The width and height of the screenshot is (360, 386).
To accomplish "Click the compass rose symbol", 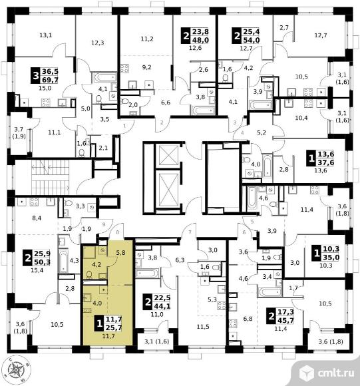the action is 17,369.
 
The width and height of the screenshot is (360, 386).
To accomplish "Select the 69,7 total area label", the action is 50,79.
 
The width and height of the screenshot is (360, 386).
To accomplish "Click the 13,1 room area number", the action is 45,35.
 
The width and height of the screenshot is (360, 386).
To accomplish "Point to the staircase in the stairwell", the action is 50,176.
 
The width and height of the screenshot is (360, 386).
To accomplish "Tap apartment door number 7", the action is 190,232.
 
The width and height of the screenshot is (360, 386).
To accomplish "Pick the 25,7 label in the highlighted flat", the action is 114,327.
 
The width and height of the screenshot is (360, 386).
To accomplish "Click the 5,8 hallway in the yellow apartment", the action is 120,253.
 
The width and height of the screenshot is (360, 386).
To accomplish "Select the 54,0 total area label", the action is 252,40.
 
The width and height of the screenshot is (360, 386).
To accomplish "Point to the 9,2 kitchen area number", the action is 146,67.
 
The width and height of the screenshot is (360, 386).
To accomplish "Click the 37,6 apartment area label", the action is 326,162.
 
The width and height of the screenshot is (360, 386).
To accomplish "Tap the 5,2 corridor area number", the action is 262,132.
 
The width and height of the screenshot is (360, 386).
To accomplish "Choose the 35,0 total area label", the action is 331,258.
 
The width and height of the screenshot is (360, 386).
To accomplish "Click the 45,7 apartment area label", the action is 285,321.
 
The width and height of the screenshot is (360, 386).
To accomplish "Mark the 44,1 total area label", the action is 162,306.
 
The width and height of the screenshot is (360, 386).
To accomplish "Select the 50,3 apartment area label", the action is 43,262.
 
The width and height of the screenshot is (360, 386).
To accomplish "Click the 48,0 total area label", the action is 200,40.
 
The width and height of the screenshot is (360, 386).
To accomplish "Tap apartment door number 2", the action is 162,122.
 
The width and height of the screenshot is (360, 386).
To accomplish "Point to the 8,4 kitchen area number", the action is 37,218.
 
